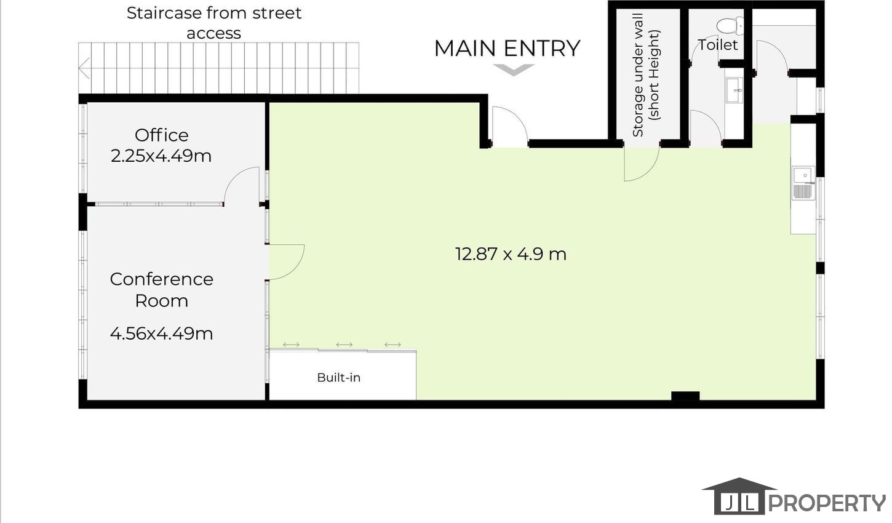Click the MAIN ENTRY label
coord(507,49)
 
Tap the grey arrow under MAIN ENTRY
coord(514,70)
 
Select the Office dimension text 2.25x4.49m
coord(161,156)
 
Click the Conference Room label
coord(161,290)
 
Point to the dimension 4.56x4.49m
coord(161,333)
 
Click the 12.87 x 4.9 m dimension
coord(511,254)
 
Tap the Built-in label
coord(339,378)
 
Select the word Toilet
coord(718,45)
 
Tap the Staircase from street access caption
coord(214,23)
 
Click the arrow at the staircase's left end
coord(84,68)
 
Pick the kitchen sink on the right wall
coord(803,183)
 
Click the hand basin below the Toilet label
coord(735,90)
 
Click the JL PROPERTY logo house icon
coord(739,497)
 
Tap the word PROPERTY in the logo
coord(827,503)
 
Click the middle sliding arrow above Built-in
coord(344,345)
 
